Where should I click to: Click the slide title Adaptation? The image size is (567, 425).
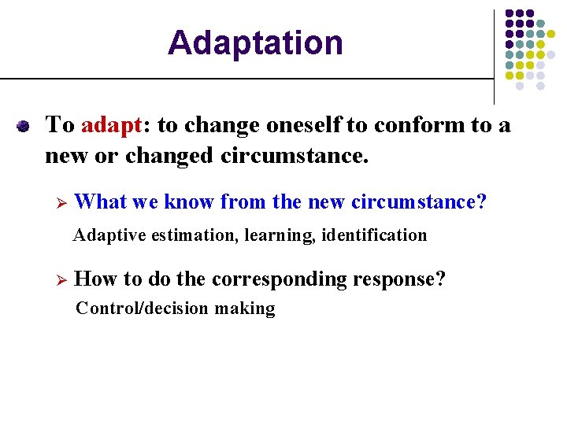255,42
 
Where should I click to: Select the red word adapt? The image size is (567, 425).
110,125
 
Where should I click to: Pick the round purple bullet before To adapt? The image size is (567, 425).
24,126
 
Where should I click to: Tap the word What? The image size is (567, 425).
101,202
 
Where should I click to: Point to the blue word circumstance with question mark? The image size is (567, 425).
419,202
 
